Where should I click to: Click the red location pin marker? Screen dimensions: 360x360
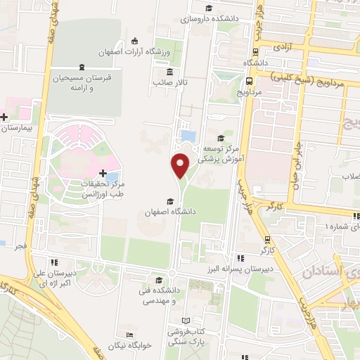click(x=181, y=165)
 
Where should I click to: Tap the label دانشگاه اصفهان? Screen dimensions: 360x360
click(x=171, y=211)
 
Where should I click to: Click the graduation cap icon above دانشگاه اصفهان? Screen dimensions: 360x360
click(x=170, y=200)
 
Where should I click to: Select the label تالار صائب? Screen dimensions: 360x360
click(x=168, y=82)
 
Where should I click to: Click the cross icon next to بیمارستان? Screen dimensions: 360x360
click(x=5, y=117)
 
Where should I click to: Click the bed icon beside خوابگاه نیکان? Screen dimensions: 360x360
click(x=129, y=335)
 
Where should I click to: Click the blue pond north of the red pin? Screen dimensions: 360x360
click(x=188, y=134)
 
